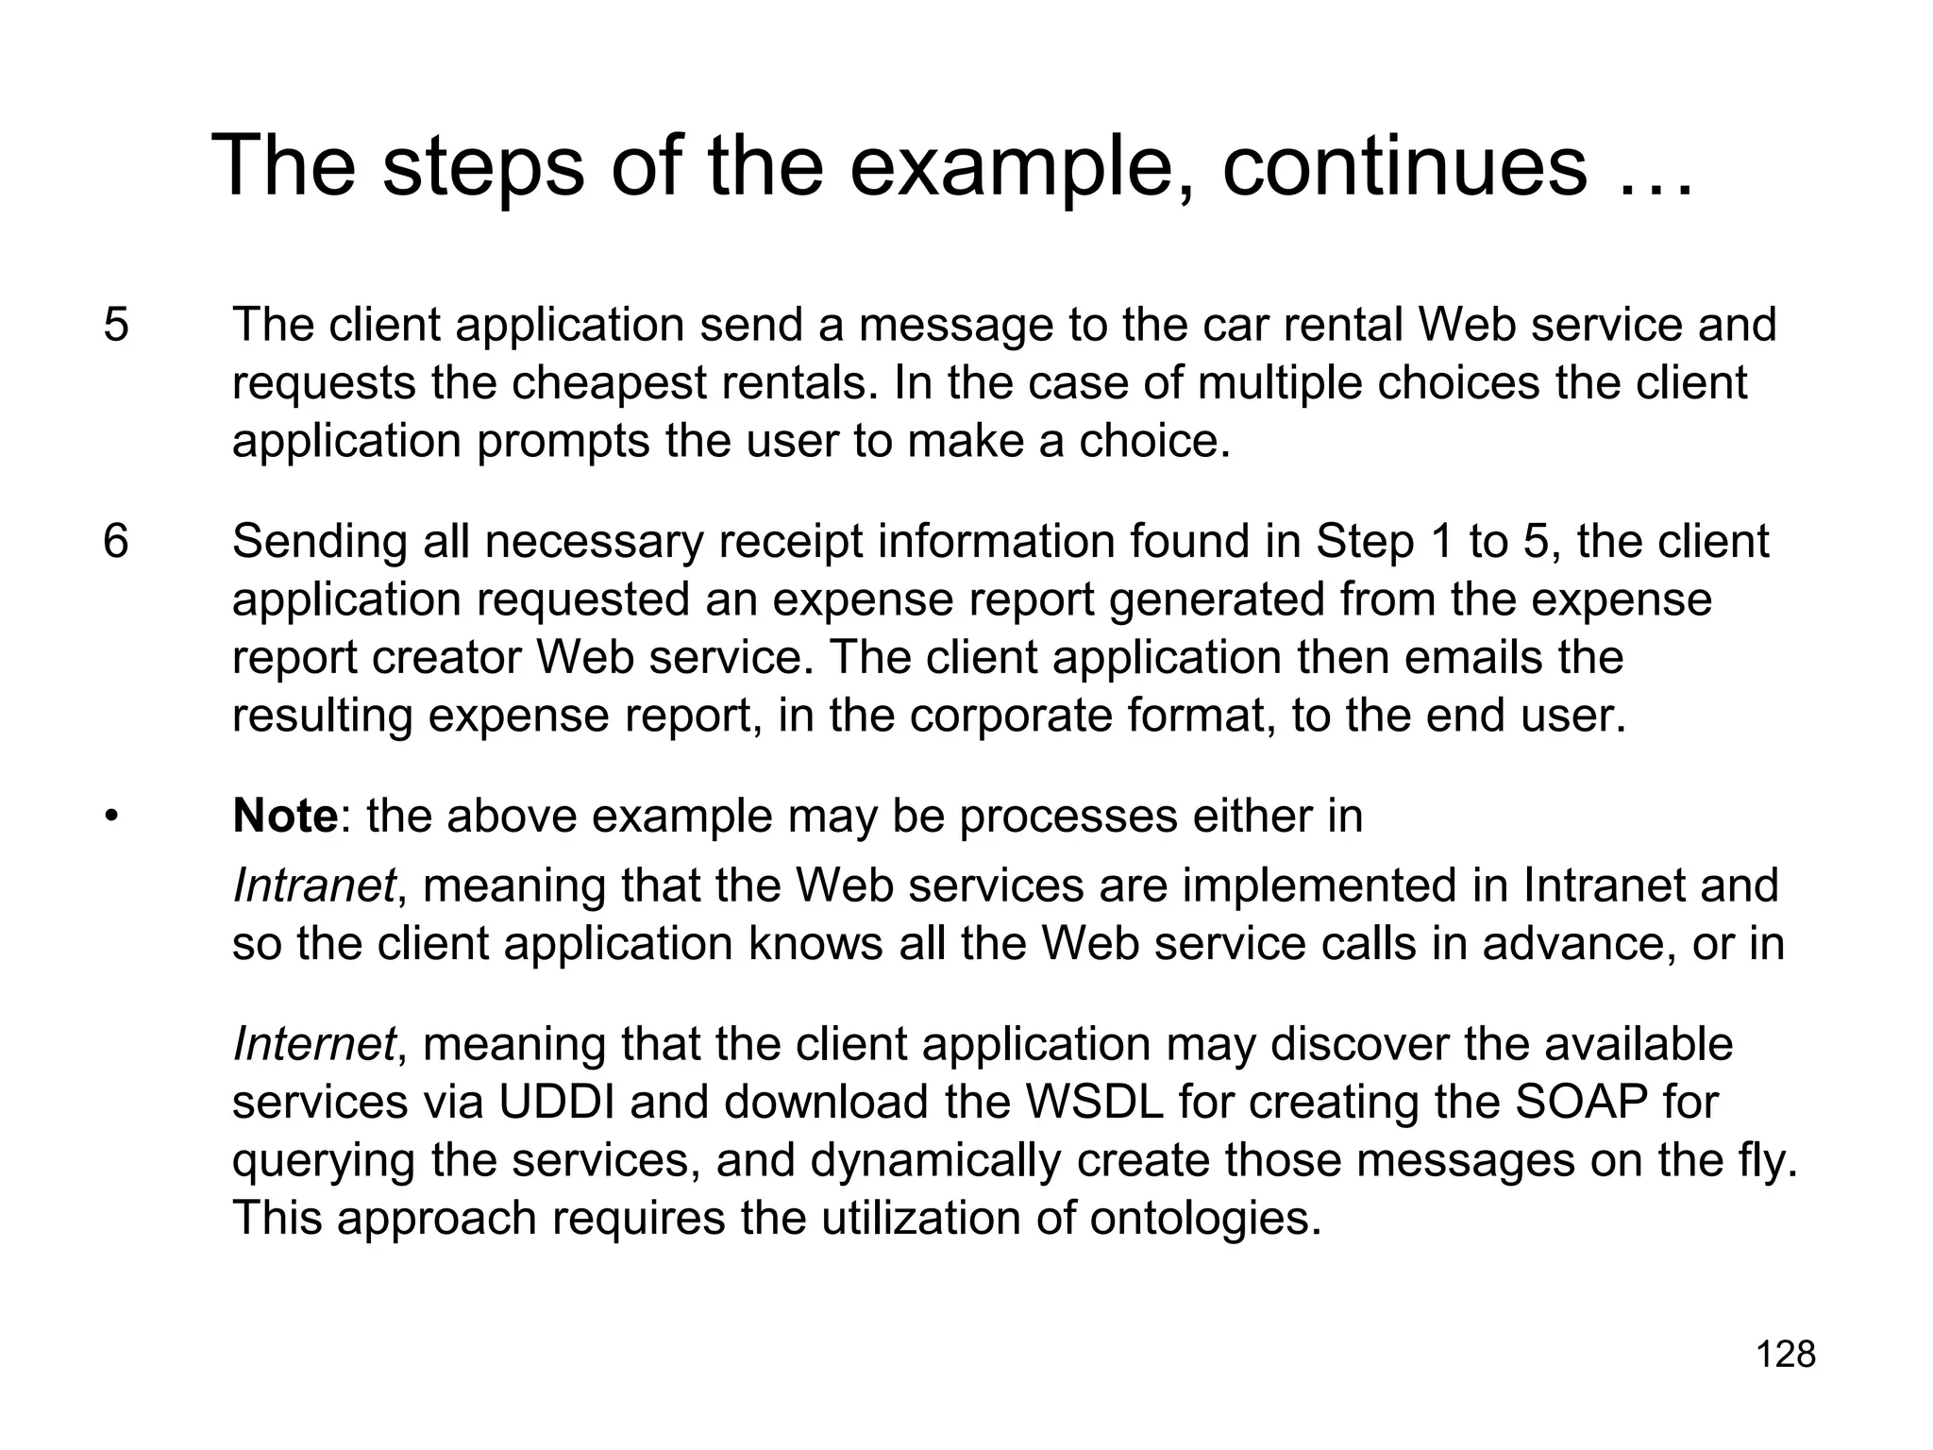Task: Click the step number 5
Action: (116, 325)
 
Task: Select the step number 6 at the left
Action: (116, 542)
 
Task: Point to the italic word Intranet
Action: (313, 885)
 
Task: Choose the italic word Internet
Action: (313, 1044)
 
